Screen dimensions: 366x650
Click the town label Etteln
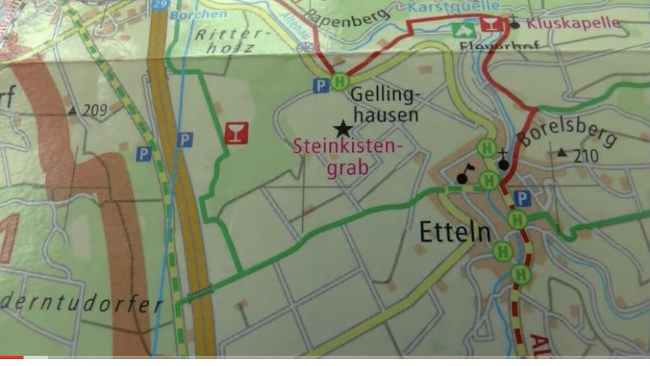(x=455, y=233)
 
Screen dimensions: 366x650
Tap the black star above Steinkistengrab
(x=343, y=128)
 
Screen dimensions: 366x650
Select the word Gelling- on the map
(x=386, y=95)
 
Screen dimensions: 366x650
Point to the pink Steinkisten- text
(x=347, y=147)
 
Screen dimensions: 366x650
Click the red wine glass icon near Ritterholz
(x=235, y=133)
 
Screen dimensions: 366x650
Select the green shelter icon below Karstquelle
(x=462, y=31)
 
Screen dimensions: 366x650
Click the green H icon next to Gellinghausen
(x=340, y=82)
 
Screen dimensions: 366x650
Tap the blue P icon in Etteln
(x=522, y=198)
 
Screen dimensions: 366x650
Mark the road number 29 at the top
(x=162, y=5)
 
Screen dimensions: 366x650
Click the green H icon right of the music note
(x=488, y=180)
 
